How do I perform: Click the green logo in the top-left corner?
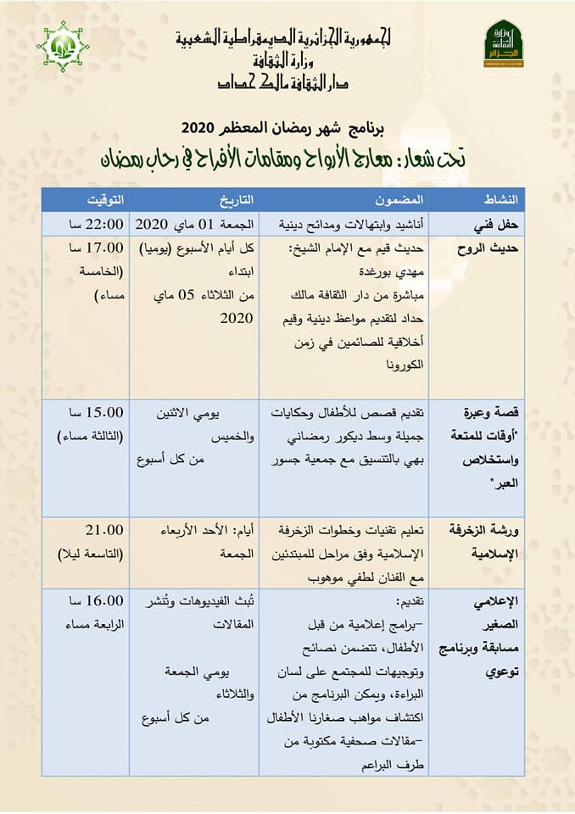(x=63, y=46)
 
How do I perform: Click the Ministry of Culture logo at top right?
(x=505, y=43)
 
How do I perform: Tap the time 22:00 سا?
(x=96, y=225)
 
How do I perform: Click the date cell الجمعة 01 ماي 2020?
(x=193, y=225)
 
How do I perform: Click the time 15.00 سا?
(x=96, y=413)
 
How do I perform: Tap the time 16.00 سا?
(x=96, y=601)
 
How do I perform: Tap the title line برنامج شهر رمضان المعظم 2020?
(x=287, y=128)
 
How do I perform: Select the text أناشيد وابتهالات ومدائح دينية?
(x=352, y=225)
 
